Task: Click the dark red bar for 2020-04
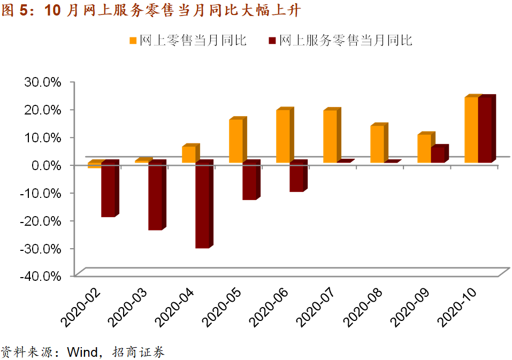pos(202,205)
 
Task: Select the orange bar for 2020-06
pos(283,136)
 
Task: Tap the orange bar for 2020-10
pos(471,130)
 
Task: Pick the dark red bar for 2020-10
pos(485,130)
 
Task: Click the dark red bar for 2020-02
pos(108,190)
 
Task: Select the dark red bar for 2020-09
pos(437,155)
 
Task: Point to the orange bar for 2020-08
pos(377,144)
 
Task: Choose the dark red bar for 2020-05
pos(249,181)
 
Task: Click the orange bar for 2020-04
pos(188,154)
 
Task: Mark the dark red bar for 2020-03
pos(155,197)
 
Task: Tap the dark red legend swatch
pos(272,41)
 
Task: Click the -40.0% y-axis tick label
pos(41,276)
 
